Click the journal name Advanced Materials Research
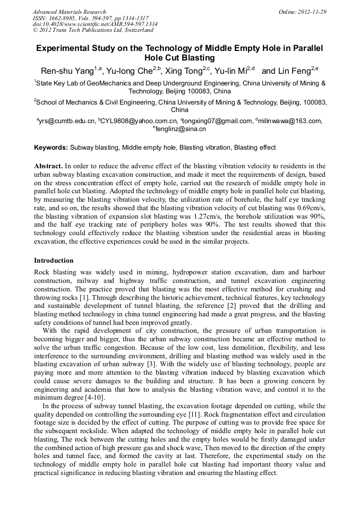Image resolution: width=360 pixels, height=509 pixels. (69, 12)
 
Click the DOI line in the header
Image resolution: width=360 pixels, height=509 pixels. (95, 24)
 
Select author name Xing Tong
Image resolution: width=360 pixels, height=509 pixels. (183, 71)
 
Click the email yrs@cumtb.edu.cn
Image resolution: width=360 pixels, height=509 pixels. (67, 121)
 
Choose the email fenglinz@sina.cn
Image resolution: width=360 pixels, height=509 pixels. (181, 129)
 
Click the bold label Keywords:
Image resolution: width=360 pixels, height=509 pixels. (51, 147)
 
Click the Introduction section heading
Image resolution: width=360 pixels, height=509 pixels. (54, 261)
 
